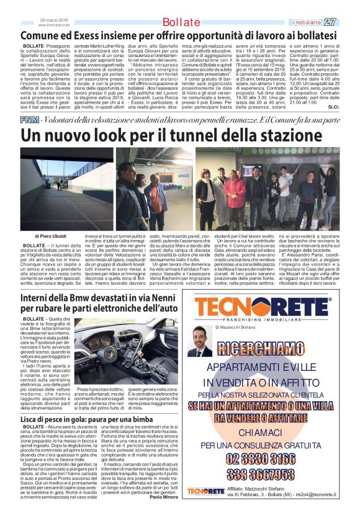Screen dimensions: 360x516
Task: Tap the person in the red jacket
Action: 235,194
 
